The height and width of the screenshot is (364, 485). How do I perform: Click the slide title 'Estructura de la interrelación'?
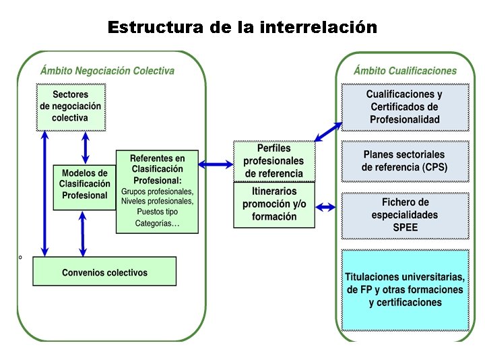click(x=243, y=28)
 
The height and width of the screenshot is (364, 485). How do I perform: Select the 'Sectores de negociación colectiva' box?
click(x=70, y=106)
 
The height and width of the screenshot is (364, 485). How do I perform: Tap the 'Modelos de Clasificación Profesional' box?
click(x=84, y=185)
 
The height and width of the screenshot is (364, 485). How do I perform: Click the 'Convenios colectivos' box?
click(x=104, y=272)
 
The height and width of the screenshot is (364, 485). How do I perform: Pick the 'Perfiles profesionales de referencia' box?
click(x=273, y=160)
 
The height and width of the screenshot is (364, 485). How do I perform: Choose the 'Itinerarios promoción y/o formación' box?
click(x=273, y=204)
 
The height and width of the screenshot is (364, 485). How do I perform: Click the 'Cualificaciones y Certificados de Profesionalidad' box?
click(x=404, y=107)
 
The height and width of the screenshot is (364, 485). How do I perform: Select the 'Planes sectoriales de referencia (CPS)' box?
click(x=404, y=160)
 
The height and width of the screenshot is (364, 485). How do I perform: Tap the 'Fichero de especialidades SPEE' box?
click(x=404, y=214)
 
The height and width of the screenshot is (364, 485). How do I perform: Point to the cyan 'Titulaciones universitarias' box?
click(x=404, y=290)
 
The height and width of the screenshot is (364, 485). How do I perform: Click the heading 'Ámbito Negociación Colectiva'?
click(x=107, y=71)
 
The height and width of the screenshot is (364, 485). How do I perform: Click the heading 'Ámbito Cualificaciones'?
click(x=405, y=71)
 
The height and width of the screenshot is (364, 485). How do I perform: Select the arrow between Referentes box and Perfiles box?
click(x=216, y=162)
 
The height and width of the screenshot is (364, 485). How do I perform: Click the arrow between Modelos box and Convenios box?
click(x=82, y=233)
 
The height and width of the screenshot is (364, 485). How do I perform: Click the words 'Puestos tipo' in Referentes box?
click(x=158, y=212)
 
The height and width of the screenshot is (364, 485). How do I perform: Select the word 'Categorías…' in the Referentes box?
click(x=158, y=223)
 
